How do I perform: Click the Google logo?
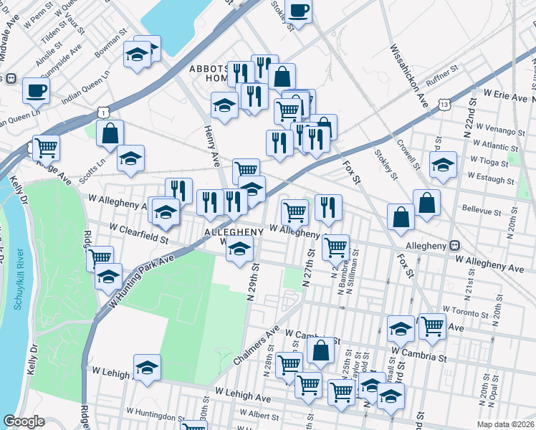click(x=24, y=421)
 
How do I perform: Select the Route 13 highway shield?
click(x=445, y=105)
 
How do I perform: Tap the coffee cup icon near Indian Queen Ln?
click(x=35, y=90)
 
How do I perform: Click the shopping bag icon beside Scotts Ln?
click(x=110, y=133)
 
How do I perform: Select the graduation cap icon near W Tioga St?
click(x=443, y=165)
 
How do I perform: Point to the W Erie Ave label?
click(x=505, y=95)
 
